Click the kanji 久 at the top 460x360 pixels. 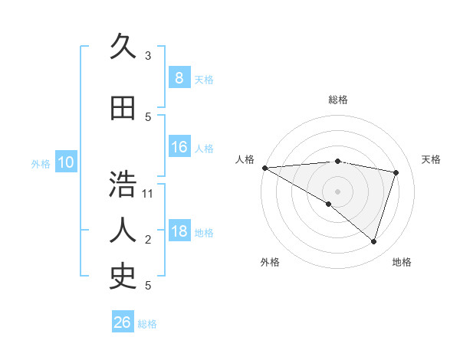point(123,47)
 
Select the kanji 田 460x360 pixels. point(123,109)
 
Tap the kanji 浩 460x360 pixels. point(123,185)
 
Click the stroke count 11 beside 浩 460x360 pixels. point(148,193)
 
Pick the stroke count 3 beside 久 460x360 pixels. point(148,56)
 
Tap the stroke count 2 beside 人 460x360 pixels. point(148,240)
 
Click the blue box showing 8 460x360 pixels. point(179,77)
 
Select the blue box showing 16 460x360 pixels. point(179,147)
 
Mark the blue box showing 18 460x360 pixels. point(179,231)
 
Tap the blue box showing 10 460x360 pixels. point(66,162)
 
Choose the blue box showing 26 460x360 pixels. point(123,322)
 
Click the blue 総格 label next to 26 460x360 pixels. point(147,324)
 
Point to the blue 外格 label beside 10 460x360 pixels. point(41,163)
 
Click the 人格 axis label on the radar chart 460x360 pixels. point(245,159)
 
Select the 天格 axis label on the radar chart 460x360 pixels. point(432,159)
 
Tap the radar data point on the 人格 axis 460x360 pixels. point(264,167)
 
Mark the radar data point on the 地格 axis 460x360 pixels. point(373,242)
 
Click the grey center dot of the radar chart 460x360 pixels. point(337,191)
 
